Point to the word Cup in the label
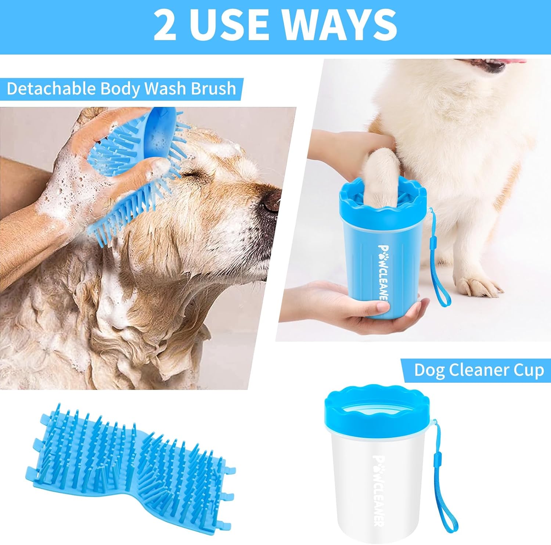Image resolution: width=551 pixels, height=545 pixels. pyautogui.click(x=529, y=370)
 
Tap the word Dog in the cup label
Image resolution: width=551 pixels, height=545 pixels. pyautogui.click(x=429, y=370)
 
